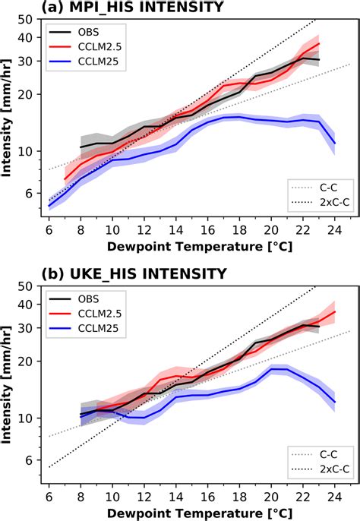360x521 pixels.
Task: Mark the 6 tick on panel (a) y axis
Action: [x=36, y=193]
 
